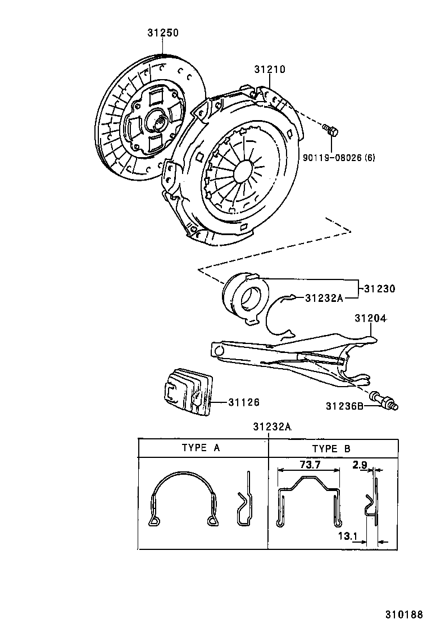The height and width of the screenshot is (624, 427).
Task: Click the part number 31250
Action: (x=163, y=33)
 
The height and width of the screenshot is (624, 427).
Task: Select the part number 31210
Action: (x=269, y=70)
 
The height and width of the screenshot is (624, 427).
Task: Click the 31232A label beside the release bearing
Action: (x=324, y=298)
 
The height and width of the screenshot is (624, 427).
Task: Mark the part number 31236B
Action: (x=344, y=406)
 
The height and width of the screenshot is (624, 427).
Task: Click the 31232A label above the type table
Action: (x=271, y=427)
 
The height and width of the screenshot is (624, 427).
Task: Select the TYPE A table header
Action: (x=201, y=448)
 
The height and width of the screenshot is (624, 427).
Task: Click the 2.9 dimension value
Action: (x=360, y=465)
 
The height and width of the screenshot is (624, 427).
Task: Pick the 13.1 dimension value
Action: (x=348, y=536)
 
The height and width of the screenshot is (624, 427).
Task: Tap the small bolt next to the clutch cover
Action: (x=331, y=131)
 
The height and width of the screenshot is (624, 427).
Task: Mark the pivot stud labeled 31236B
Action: (x=384, y=400)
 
